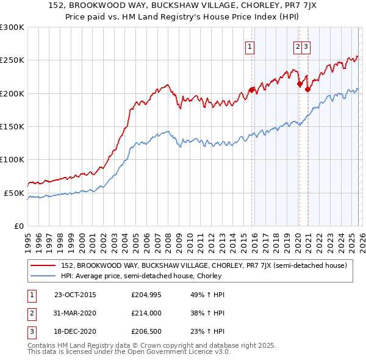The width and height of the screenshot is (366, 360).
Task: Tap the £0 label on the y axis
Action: tap(18, 226)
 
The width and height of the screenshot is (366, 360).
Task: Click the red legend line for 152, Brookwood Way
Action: tap(43, 266)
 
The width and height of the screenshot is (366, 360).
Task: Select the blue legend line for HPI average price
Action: tap(43, 275)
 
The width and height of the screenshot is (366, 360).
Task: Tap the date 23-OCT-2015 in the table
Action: tap(75, 295)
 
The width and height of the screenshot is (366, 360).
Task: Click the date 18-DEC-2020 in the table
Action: tap(75, 333)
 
